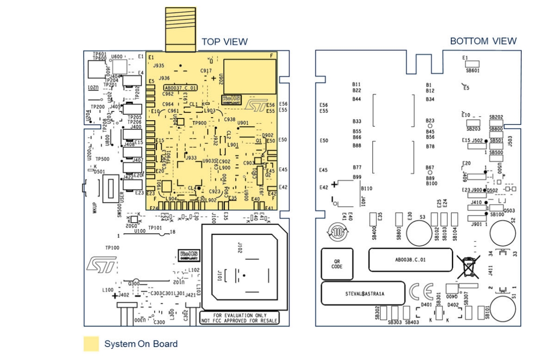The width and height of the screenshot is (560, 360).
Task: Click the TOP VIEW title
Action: point(224,42)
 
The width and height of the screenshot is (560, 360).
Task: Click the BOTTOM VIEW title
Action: point(483,41)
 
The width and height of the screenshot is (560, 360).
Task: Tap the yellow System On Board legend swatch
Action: point(91,344)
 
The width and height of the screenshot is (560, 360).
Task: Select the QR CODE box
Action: point(337,264)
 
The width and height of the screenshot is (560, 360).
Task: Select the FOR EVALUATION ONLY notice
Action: point(239,318)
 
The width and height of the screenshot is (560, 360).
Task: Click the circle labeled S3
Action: point(420,231)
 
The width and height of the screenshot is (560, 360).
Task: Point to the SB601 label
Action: point(473,71)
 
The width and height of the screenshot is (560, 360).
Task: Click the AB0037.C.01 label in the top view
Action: point(180,87)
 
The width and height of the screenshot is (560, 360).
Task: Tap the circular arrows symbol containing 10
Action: point(336,230)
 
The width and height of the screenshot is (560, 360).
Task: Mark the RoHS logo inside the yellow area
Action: point(231,99)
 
